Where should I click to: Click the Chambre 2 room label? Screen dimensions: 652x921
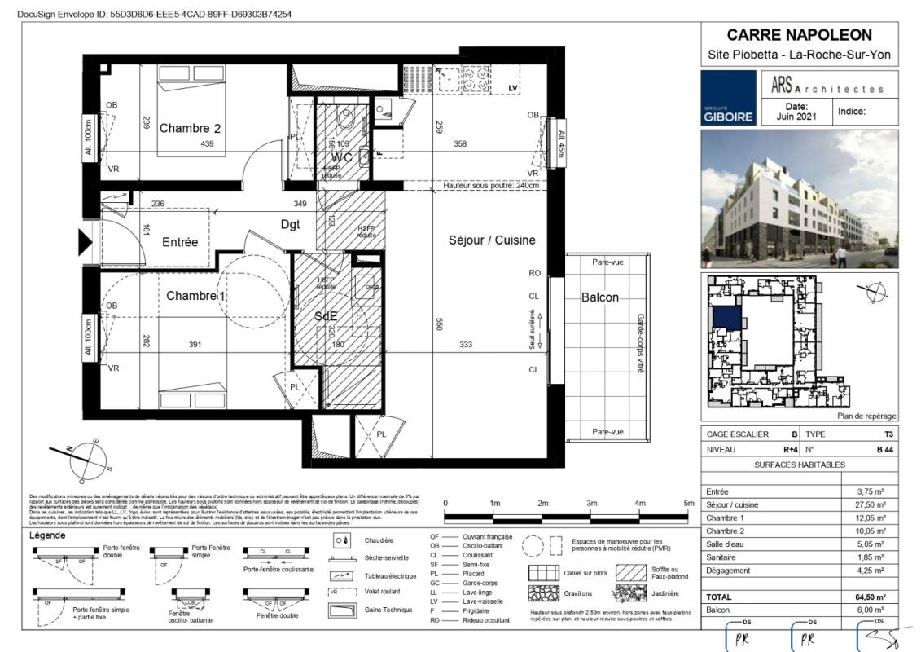tap(190, 128)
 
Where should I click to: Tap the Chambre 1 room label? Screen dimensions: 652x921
tap(195, 296)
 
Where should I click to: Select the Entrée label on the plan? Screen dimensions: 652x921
tap(180, 242)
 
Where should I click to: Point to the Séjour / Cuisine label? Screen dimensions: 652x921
tap(492, 240)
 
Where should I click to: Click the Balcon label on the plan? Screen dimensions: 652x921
tap(599, 297)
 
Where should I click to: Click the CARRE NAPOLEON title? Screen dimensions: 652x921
tap(799, 35)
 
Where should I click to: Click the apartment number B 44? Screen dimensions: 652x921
tap(884, 449)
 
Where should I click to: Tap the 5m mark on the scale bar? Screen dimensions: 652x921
tap(688, 502)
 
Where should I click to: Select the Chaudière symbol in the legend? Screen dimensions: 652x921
tap(342, 540)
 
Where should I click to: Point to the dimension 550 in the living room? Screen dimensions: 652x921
tap(440, 323)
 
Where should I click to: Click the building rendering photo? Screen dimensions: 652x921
tap(799, 199)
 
